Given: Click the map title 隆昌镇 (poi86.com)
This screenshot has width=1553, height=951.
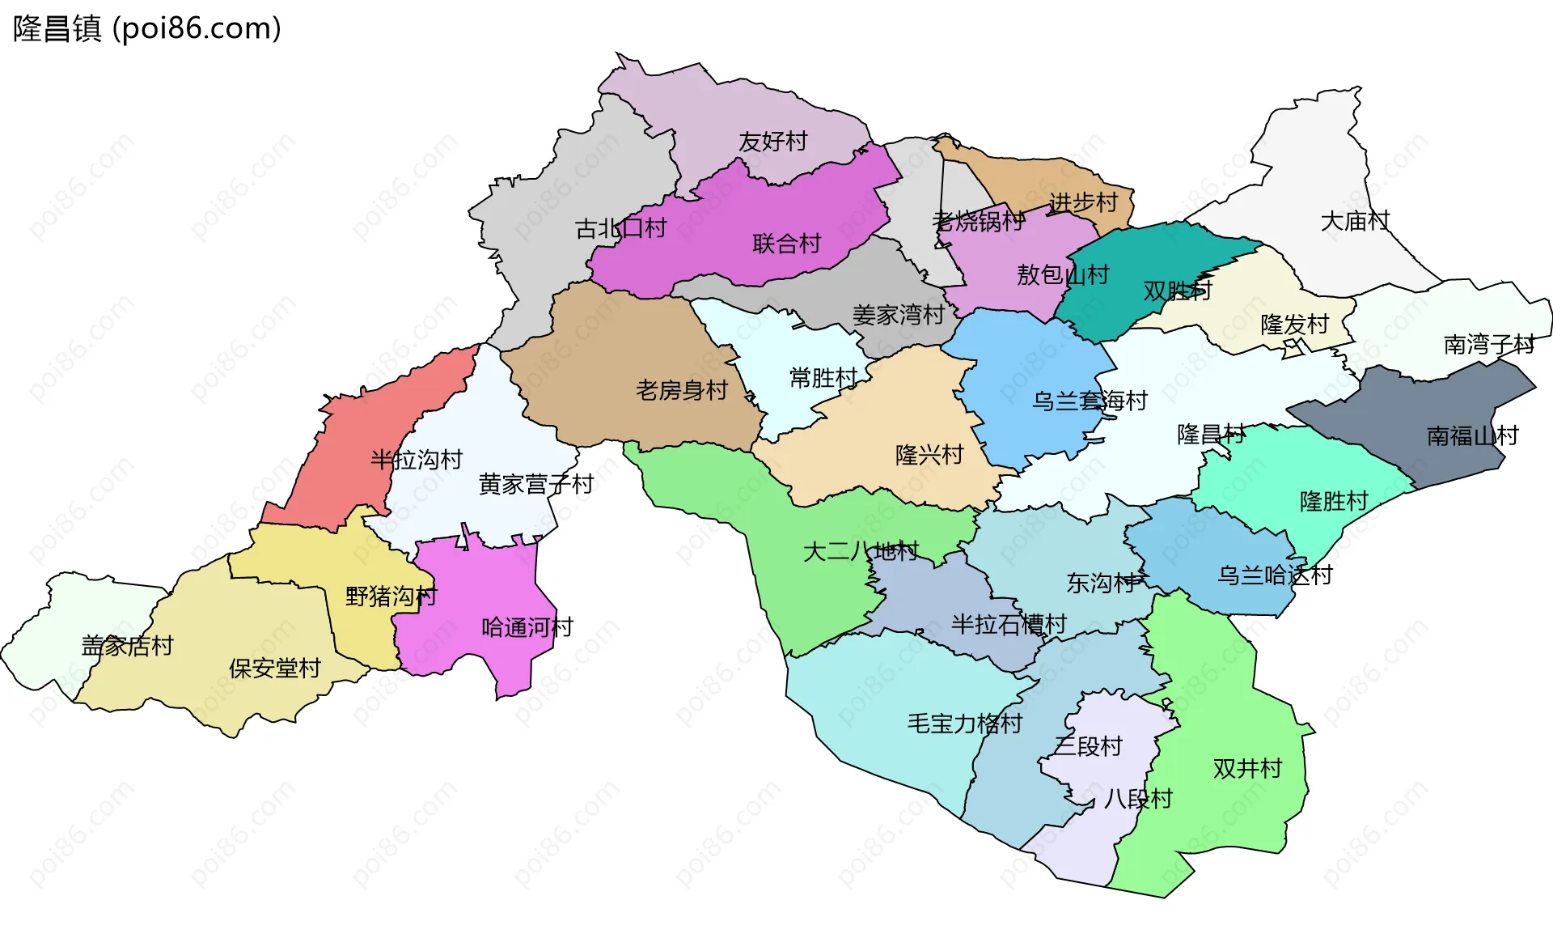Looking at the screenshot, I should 147,29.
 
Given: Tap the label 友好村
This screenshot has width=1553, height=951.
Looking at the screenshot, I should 773,142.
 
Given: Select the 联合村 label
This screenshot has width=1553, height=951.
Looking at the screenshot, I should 786,244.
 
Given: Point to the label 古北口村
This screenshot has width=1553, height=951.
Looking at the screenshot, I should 620,229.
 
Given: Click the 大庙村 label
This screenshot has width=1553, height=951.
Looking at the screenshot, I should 1355,221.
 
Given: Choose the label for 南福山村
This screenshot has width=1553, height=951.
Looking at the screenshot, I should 1472,436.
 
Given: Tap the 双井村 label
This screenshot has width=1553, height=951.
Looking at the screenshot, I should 1247,768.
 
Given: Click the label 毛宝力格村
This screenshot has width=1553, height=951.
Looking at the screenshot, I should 965,724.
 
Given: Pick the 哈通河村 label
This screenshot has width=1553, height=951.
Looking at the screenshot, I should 527,627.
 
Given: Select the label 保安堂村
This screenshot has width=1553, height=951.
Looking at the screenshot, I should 275,669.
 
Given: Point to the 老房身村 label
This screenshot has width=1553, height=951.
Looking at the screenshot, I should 682,391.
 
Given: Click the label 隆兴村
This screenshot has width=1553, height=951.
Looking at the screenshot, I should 929,455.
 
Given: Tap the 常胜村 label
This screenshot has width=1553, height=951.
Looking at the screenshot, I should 823,378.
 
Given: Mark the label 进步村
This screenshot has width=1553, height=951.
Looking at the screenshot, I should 1083,202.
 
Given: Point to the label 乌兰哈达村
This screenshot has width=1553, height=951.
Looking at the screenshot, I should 1275,575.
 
